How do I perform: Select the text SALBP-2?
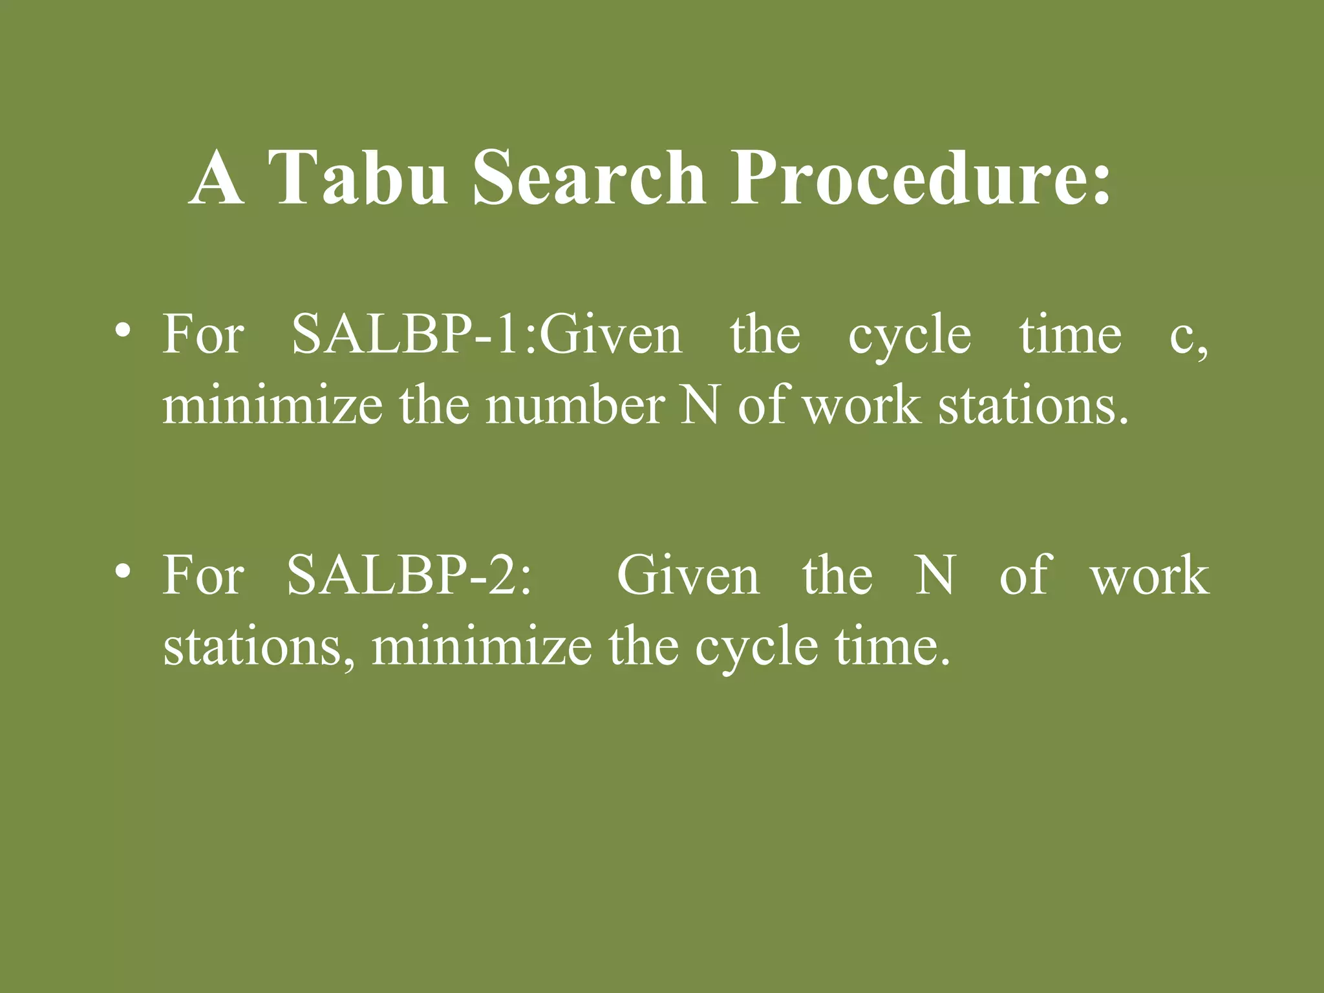click(409, 575)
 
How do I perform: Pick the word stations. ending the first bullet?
click(1033, 406)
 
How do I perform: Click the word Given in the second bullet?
click(688, 575)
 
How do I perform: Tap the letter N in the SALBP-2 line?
click(935, 575)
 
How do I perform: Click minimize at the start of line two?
click(272, 406)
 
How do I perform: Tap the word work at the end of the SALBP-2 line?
click(1149, 575)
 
